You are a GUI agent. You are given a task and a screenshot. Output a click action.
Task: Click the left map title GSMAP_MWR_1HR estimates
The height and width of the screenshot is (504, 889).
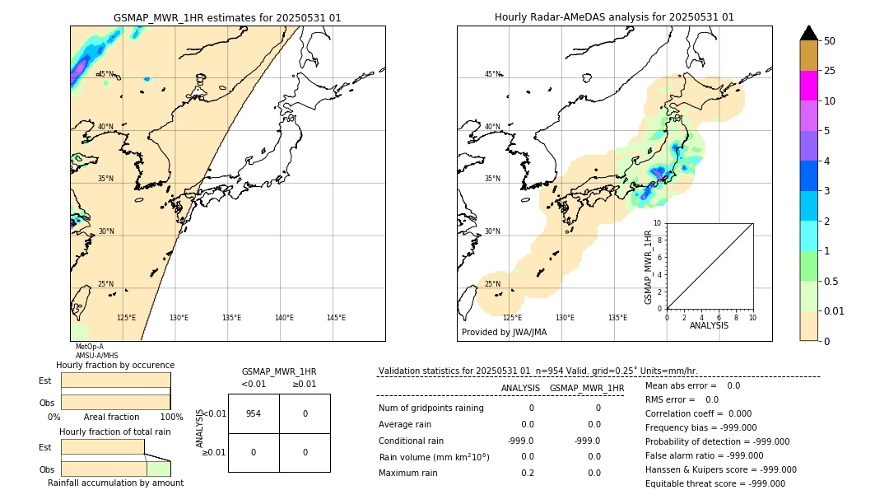227,17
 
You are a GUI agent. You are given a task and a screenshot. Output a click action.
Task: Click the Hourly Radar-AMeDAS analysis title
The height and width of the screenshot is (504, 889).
614,17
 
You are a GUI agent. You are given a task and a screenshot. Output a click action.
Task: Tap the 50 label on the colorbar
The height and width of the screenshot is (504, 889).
830,41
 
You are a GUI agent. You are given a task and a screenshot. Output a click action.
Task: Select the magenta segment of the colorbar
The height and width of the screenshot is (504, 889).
808,86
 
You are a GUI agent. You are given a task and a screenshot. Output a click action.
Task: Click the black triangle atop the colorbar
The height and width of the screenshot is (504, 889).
808,33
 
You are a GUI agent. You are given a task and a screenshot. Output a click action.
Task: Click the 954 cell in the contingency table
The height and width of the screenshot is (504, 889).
254,413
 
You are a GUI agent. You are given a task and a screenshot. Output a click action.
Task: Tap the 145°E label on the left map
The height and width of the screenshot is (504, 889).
336,318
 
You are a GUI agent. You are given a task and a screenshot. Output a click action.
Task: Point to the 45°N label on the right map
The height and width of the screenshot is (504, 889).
492,74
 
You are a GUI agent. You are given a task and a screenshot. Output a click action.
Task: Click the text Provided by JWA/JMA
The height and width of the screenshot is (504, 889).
504,333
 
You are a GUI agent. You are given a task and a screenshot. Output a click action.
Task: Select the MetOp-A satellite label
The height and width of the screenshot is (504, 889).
88,348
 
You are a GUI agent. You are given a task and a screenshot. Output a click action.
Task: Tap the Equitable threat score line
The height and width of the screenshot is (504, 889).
714,484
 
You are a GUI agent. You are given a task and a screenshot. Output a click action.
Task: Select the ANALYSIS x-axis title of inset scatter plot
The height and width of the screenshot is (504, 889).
709,325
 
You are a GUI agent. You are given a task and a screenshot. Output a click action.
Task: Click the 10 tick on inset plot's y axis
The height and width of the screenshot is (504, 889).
658,223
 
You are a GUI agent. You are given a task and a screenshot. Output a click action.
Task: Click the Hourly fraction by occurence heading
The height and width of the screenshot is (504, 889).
115,365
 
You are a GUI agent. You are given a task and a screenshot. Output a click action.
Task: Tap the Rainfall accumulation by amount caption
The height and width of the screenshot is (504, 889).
115,483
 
